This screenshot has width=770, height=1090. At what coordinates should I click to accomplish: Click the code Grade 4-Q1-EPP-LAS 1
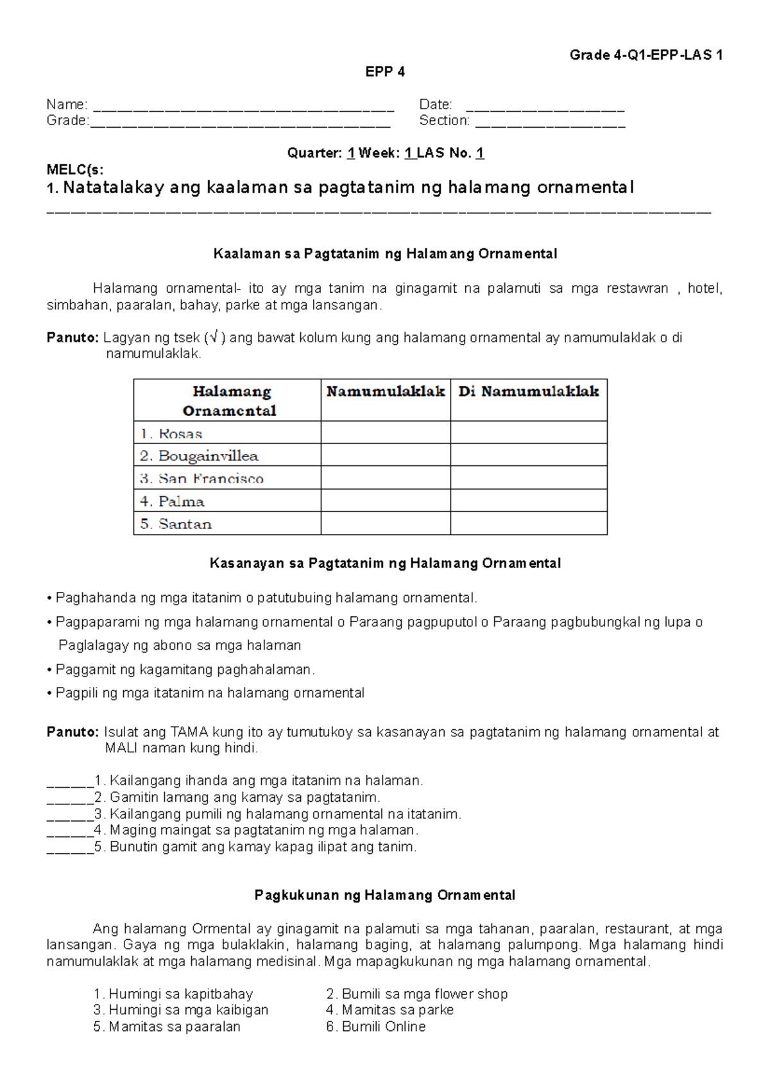[646, 55]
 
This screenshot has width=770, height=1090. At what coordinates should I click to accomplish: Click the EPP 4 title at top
[385, 72]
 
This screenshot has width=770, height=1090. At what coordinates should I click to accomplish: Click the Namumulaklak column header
[385, 392]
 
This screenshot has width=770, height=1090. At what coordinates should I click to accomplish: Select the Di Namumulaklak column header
[528, 392]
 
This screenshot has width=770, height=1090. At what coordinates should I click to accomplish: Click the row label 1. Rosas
[171, 434]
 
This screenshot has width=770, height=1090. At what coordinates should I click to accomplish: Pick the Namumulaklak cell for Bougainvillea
[385, 455]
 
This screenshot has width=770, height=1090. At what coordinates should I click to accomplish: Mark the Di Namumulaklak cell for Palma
[528, 501]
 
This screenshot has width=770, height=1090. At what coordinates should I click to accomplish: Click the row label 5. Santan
[176, 524]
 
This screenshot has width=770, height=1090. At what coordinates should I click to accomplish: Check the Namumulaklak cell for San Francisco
[385, 478]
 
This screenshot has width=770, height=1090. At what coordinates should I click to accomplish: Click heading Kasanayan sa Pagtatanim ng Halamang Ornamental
[385, 564]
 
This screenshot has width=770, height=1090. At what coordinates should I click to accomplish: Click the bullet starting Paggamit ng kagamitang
[185, 670]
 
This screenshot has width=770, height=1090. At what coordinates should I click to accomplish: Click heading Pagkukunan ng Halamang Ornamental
[385, 895]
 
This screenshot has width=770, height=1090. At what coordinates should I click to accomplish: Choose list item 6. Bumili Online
[376, 1027]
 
